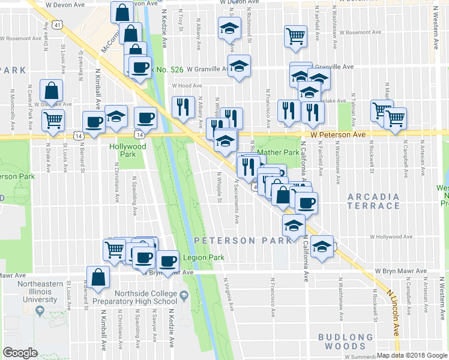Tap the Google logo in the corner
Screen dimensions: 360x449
[20, 353]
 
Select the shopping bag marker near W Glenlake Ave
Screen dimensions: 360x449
[51, 91]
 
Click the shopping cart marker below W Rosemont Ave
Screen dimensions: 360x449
[295, 37]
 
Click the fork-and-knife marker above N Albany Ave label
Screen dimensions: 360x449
[183, 107]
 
